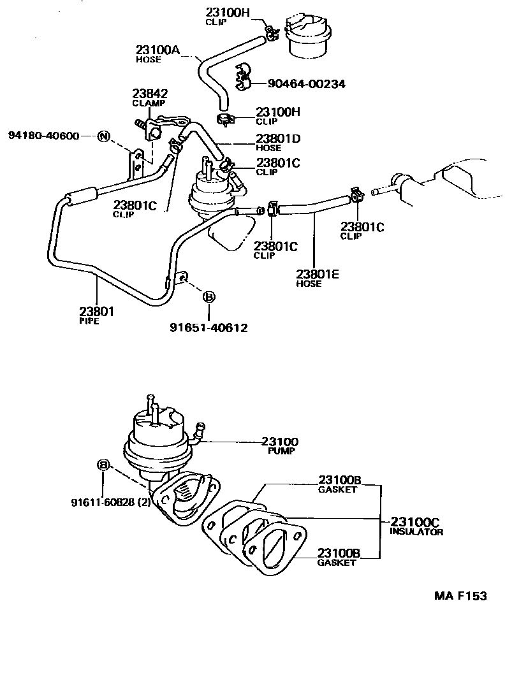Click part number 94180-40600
44,136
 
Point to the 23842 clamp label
149,94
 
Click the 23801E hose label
318,275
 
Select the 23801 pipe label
96,312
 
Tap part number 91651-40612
209,328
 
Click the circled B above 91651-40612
209,296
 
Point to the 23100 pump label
280,442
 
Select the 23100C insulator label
415,521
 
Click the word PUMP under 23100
280,451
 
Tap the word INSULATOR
416,532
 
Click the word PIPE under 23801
90,321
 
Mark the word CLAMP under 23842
149,103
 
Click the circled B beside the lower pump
103,465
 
